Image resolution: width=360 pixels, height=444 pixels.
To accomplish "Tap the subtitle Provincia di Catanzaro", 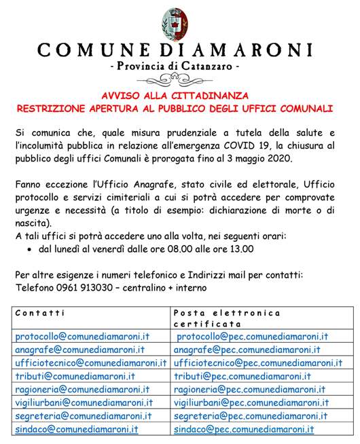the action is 180,69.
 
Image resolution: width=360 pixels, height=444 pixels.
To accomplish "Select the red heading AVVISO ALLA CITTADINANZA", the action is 180,95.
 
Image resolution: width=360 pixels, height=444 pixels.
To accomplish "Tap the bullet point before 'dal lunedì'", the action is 31,249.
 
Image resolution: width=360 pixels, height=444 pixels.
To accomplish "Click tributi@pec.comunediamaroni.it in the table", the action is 242,376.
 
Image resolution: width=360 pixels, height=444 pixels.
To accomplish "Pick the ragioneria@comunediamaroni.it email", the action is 82,390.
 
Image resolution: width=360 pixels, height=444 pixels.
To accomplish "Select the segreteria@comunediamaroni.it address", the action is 82,416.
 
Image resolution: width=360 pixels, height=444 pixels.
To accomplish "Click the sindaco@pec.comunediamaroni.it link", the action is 244,430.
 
